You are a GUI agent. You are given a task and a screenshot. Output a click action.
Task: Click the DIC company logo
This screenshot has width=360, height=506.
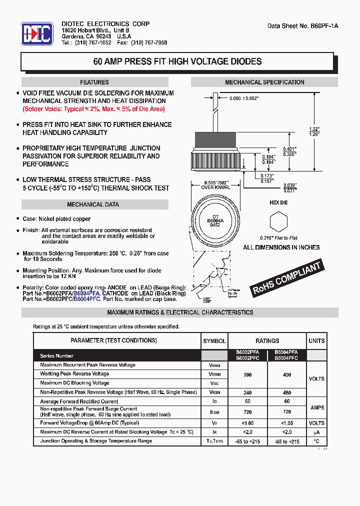pyautogui.click(x=36, y=34)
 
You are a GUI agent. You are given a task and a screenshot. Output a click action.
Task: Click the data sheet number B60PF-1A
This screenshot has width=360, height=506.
pyautogui.click(x=303, y=26)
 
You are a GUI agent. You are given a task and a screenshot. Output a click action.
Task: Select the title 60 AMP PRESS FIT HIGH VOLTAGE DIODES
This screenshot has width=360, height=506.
pyautogui.click(x=177, y=62)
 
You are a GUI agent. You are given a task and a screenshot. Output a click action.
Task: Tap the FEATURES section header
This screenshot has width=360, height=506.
pyautogui.click(x=94, y=82)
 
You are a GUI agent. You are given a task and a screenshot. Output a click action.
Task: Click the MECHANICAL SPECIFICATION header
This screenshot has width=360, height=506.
pyautogui.click(x=264, y=82)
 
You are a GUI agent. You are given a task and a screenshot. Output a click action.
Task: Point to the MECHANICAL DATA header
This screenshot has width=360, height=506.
pyautogui.click(x=93, y=204)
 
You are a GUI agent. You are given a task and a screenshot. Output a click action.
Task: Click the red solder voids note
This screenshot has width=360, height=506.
pyautogui.click(x=93, y=109)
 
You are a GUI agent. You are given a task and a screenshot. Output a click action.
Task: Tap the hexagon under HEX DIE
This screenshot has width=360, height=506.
pyautogui.click(x=278, y=221)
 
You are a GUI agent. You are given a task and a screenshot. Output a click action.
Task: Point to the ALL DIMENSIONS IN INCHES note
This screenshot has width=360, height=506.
pyautogui.click(x=281, y=247)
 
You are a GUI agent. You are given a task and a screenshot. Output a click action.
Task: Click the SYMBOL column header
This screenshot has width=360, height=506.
pyautogui.click(x=214, y=341)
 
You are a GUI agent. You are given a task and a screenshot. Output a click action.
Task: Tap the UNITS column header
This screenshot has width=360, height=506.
pyautogui.click(x=316, y=341)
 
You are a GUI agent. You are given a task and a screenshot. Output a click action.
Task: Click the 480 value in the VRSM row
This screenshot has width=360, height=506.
pyautogui.click(x=286, y=392)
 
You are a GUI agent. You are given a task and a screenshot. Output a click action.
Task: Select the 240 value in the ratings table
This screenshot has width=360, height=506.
pyautogui.click(x=247, y=392)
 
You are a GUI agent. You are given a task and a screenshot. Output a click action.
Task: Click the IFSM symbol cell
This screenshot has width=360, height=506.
pyautogui.click(x=214, y=411)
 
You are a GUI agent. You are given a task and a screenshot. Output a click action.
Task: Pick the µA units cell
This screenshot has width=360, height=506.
pyautogui.click(x=316, y=432)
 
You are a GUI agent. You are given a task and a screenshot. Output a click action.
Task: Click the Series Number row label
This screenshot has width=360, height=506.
pyautogui.click(x=57, y=356)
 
